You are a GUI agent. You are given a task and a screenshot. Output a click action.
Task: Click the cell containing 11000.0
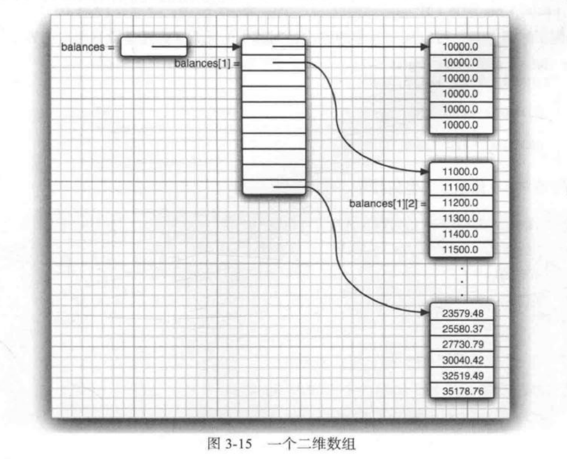460,171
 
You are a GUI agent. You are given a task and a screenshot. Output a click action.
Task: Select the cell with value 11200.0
460,203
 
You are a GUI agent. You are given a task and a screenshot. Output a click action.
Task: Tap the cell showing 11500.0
460,249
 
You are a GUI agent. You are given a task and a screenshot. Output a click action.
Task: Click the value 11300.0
460,218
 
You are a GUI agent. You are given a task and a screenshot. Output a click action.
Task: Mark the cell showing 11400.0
460,234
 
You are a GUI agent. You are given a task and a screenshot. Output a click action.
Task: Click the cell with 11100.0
460,187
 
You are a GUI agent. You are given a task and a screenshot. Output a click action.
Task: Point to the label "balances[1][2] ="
388,203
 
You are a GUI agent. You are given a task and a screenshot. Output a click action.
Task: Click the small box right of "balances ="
154,47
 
